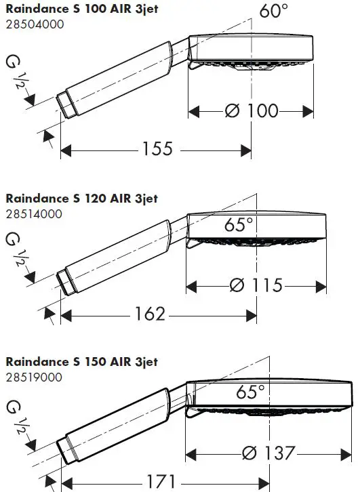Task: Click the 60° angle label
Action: [273, 10]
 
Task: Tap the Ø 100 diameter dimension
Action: [252, 110]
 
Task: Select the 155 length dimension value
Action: [157, 148]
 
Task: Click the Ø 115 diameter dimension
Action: [256, 285]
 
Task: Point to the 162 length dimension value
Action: [150, 314]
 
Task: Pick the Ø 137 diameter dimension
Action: [268, 453]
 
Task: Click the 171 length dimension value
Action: [161, 481]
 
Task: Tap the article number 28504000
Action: [35, 24]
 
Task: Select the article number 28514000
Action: [34, 214]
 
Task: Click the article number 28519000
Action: [34, 377]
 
